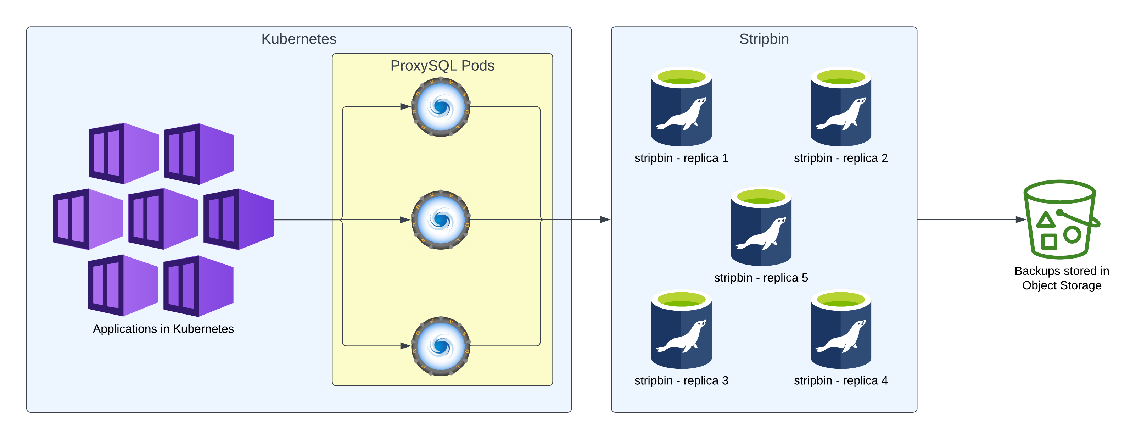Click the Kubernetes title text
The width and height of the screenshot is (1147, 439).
[x=299, y=39]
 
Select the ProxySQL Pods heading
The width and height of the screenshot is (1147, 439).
[x=442, y=66]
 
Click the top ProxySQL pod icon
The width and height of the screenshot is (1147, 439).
[x=441, y=107]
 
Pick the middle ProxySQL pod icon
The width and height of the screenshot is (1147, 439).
[x=441, y=220]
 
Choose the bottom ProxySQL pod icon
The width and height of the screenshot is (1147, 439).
[x=441, y=346]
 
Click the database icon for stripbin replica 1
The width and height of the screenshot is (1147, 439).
[x=681, y=107]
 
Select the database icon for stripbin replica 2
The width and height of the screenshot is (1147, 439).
[x=841, y=107]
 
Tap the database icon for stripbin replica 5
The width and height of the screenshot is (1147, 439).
[x=761, y=226]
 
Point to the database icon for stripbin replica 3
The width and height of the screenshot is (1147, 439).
[x=681, y=329]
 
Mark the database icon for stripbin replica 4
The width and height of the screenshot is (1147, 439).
[x=841, y=329]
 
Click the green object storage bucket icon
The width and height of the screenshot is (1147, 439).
[x=1061, y=220]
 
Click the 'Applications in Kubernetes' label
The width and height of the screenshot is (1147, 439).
[x=163, y=329]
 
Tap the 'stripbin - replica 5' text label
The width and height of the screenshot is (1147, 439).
[x=761, y=278]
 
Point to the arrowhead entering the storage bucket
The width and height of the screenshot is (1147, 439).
[x=1021, y=220]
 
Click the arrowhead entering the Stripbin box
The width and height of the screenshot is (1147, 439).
[x=605, y=220]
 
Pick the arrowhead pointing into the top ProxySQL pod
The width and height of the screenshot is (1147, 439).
[x=405, y=107]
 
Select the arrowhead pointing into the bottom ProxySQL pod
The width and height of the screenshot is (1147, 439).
[x=405, y=346]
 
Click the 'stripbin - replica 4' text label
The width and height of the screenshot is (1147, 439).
[x=841, y=381]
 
